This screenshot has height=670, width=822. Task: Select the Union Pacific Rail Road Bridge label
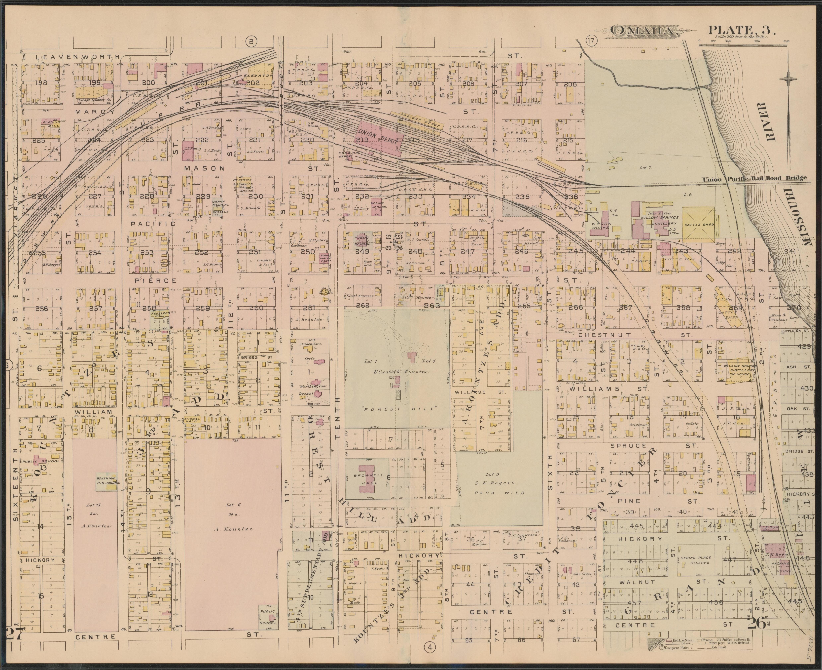(754, 178)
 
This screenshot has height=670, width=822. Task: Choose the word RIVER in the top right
(771, 127)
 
